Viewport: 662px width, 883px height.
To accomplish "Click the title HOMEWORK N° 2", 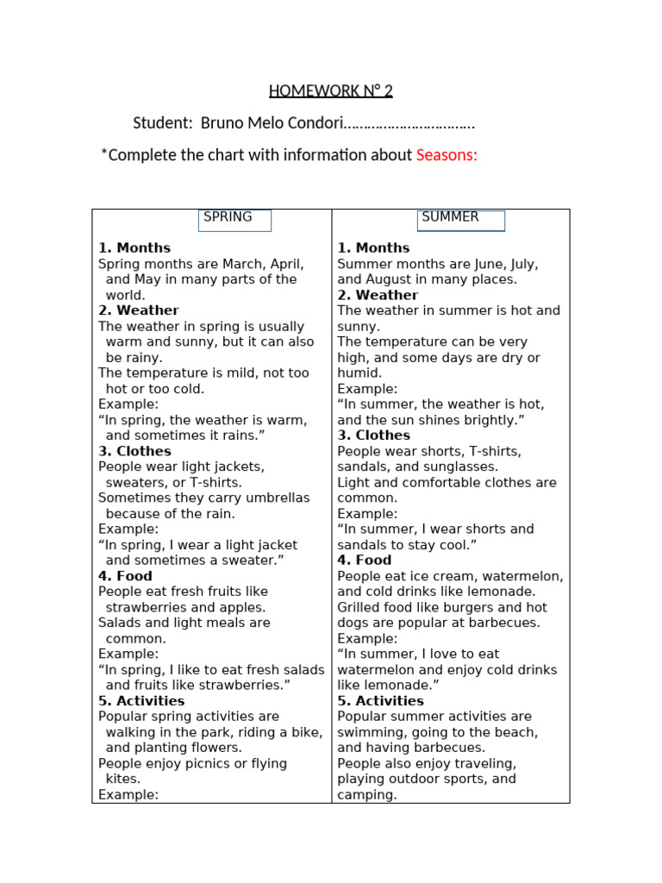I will (330, 91).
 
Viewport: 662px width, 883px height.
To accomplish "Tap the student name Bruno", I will (222, 123).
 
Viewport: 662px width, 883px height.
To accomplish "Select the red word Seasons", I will (447, 155).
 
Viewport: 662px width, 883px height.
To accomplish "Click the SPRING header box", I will (234, 220).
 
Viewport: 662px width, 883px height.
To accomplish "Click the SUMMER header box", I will (460, 220).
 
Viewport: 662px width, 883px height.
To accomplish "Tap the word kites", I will (122, 779).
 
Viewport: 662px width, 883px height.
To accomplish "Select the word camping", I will (366, 795).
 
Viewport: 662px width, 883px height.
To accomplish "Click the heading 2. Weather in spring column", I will (139, 310).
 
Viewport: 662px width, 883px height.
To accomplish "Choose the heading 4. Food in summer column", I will (365, 560).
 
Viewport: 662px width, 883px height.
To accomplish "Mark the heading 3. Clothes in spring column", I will (134, 451).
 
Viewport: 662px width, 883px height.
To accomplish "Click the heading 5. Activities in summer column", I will (380, 701).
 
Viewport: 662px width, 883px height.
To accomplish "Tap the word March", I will (242, 264).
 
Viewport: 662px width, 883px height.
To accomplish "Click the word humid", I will (359, 373).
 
